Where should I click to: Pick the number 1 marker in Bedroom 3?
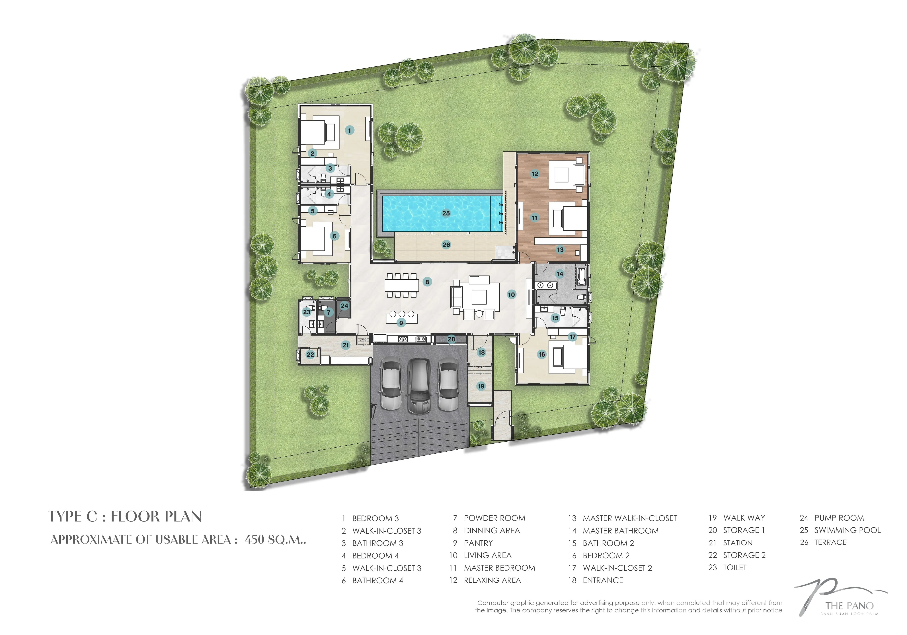[349, 130]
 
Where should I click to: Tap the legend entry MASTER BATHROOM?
[621, 531]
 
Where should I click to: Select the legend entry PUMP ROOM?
[839, 518]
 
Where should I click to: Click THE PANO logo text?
[849, 606]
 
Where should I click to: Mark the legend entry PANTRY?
[478, 543]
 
